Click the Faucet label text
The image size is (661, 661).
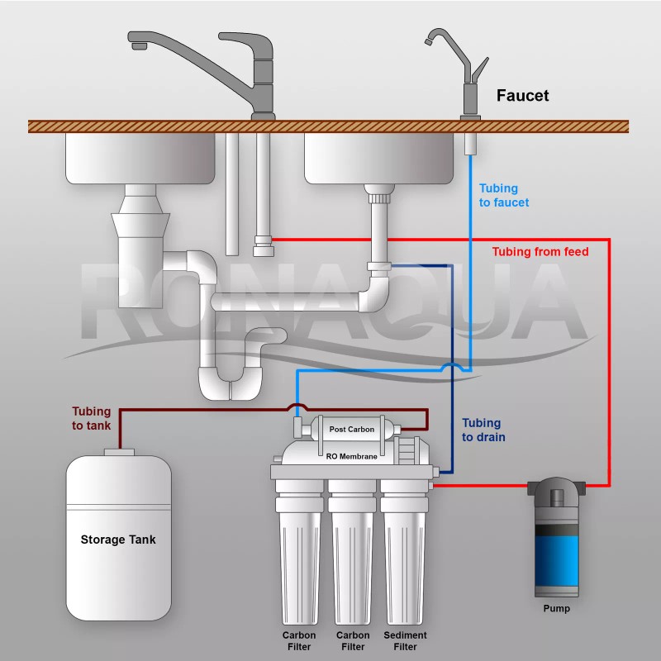(522, 96)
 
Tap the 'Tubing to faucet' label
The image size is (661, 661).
(504, 195)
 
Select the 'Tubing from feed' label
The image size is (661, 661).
(540, 251)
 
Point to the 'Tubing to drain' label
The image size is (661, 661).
(483, 430)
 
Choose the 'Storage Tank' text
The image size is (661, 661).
(118, 540)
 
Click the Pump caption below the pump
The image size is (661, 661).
(556, 609)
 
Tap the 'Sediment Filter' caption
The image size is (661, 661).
(405, 640)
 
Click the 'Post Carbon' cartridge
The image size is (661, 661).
(351, 429)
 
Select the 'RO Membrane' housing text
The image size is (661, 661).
(351, 456)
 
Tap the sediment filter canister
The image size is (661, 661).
(405, 562)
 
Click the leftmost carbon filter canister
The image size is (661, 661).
(299, 562)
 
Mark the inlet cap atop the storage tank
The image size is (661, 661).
(119, 452)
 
